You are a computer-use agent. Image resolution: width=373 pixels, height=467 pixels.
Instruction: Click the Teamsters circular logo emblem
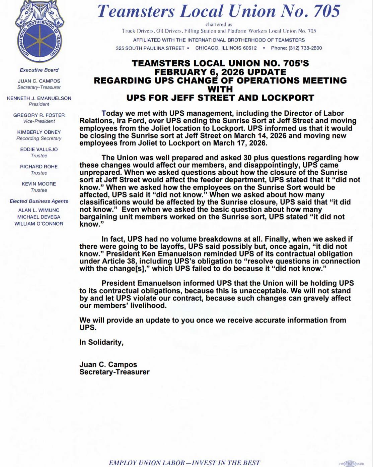pos(39,32)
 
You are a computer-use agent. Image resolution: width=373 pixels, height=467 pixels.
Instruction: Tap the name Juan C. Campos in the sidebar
pos(39,81)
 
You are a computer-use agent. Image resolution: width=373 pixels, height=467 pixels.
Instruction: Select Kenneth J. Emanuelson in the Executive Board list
pos(39,98)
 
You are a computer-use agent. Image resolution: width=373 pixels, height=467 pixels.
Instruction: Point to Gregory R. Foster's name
pos(39,115)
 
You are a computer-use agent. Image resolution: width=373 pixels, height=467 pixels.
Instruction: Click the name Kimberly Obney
pos(39,132)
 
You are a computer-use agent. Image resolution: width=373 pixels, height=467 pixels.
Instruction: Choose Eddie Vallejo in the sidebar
pos(39,150)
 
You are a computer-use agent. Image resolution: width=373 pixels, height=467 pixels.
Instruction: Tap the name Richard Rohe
pos(39,167)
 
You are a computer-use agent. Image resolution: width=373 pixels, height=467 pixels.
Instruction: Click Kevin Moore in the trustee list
pos(39,184)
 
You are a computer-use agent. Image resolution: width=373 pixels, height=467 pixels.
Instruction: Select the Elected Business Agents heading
pos(39,201)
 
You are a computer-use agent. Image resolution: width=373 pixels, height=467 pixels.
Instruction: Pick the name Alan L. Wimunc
pos(39,210)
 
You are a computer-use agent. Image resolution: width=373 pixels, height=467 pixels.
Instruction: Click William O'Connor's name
pos(39,224)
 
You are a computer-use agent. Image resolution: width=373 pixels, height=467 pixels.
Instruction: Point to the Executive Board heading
pos(39,70)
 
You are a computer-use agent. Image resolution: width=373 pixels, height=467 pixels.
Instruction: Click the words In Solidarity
pos(101,342)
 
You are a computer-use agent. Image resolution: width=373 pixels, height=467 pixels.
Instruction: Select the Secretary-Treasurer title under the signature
pos(115,372)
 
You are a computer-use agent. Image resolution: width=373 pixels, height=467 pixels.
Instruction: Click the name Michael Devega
pos(39,217)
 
